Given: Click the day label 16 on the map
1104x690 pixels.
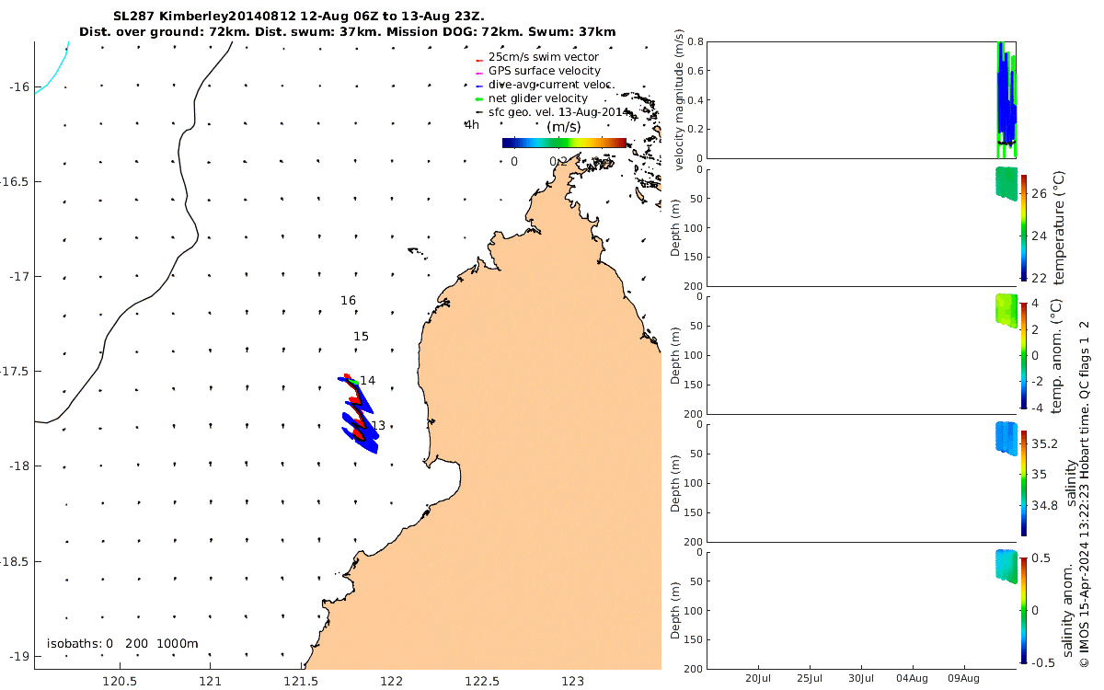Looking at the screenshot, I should coord(348,301).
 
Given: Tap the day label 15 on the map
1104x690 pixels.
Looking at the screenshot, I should coord(361,337).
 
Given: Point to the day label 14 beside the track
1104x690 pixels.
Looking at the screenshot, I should coord(368,381).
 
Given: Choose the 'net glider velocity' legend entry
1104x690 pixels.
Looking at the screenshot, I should coord(537,98).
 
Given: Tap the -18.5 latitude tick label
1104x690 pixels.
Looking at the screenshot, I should coord(13,561).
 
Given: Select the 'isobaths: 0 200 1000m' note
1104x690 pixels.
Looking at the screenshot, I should coord(122,644).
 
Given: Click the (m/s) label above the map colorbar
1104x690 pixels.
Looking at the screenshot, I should coord(562,127).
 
